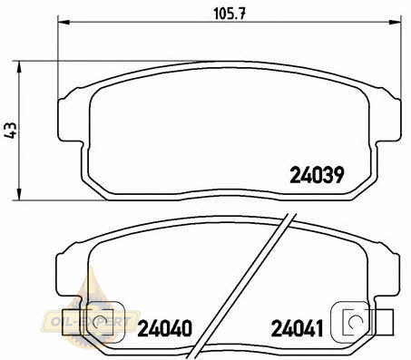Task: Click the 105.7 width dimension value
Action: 230,14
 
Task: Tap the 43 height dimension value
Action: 10,130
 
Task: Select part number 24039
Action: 317,175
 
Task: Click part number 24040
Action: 165,328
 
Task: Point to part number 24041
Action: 297,328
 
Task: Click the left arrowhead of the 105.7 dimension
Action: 64,22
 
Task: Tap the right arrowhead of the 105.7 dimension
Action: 395,22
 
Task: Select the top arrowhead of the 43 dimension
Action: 19,66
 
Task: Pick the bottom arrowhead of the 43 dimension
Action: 19,194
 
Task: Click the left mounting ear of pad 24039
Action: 70,120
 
